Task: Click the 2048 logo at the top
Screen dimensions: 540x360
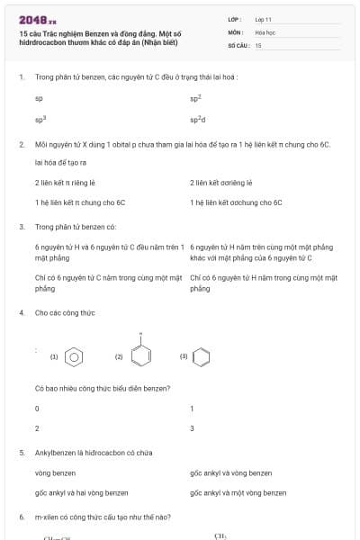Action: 37,19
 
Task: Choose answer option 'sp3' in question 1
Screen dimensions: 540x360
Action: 40,119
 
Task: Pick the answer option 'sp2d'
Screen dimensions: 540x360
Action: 197,119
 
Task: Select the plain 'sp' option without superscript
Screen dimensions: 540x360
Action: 39,97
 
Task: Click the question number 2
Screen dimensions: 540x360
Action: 21,144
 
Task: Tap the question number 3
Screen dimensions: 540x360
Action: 21,227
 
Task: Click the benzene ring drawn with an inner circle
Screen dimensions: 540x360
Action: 76,356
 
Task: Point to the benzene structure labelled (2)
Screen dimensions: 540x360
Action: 140,355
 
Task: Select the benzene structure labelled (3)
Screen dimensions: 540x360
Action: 202,356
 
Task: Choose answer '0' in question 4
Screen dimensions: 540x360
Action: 37,409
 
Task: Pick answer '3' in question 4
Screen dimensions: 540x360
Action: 192,428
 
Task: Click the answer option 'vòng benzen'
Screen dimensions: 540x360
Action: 55,473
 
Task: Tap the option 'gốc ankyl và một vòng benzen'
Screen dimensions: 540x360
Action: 238,493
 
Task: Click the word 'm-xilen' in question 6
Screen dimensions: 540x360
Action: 46,517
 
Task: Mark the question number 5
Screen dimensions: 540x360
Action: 21,453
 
